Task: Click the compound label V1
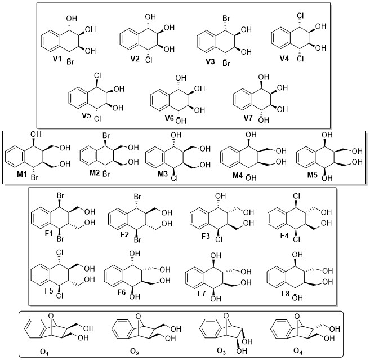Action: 57,59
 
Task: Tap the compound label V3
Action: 210,61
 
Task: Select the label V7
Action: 248,118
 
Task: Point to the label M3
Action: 163,174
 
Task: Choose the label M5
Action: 312,175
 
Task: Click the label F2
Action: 124,235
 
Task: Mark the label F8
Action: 285,294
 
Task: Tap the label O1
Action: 44,352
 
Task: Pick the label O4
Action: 298,351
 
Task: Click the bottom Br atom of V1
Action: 70,62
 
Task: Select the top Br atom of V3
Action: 226,19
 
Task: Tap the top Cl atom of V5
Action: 97,75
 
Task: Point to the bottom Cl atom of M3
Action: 174,178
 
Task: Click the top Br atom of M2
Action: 106,136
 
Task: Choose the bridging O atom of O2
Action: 139,317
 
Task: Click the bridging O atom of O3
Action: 226,315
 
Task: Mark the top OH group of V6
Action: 181,78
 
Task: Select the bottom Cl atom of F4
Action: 297,239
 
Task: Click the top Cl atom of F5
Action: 60,253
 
